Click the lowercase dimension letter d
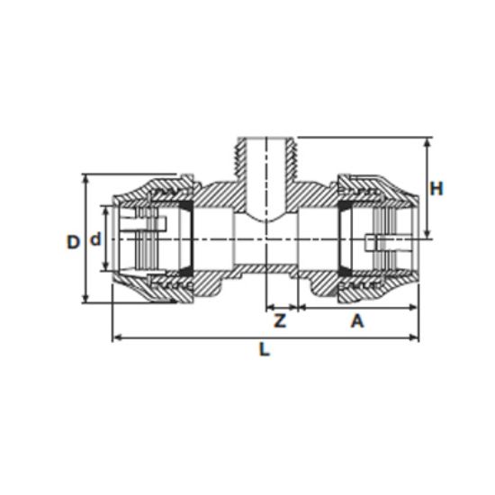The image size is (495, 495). tap(94, 240)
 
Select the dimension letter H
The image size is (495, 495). tap(436, 189)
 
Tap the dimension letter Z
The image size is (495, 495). tap(280, 321)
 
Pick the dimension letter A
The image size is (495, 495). tap(357, 321)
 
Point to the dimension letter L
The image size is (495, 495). tap(264, 351)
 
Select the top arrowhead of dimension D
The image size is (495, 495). tap(85, 178)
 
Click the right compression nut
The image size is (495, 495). tap(382, 238)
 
